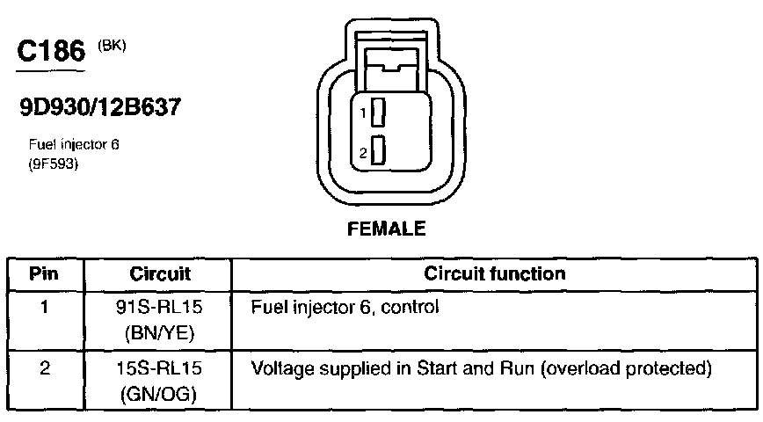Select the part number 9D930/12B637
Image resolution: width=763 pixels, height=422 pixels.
[x=99, y=107]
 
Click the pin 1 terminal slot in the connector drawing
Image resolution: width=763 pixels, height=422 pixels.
[x=379, y=113]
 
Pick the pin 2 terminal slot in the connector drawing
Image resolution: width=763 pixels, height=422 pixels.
[x=379, y=151]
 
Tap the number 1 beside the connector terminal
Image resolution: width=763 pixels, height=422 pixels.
[x=362, y=113]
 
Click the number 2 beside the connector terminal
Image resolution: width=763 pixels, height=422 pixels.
[x=362, y=153]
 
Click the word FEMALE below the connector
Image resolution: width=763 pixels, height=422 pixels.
[x=387, y=229]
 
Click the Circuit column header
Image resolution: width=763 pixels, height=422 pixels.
[x=160, y=273]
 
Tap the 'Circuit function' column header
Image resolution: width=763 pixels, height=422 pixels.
[x=494, y=273]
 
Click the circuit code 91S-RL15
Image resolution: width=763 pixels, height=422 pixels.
[x=160, y=309]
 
